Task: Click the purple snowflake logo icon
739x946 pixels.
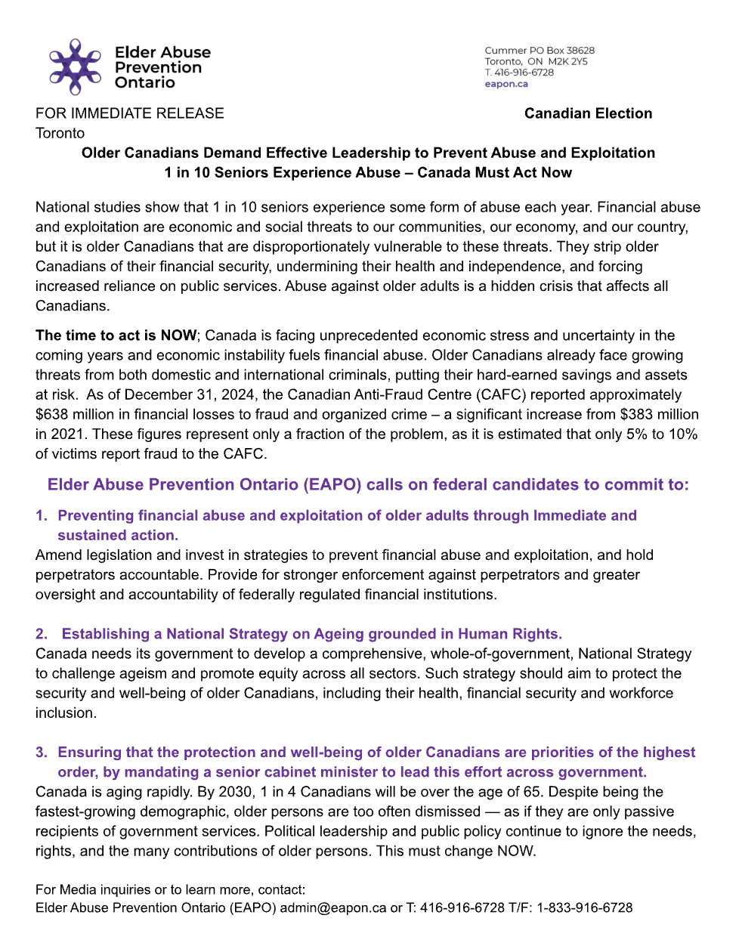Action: pos(75,66)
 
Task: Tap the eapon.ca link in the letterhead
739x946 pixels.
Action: pos(506,84)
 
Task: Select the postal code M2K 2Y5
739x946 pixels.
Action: pos(567,61)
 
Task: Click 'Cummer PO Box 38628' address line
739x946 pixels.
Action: pos(540,51)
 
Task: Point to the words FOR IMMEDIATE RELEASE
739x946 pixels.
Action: pos(130,113)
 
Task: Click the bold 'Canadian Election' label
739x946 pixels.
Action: pos(588,113)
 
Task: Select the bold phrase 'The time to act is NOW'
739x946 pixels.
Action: pos(116,335)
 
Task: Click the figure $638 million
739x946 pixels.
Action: pos(74,414)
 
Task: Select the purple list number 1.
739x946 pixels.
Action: pos(41,515)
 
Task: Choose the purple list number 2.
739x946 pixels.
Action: pos(41,634)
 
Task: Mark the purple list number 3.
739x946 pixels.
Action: pos(41,753)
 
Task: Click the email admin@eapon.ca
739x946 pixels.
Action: pos(333,907)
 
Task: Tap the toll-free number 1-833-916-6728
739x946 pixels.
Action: pos(585,907)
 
